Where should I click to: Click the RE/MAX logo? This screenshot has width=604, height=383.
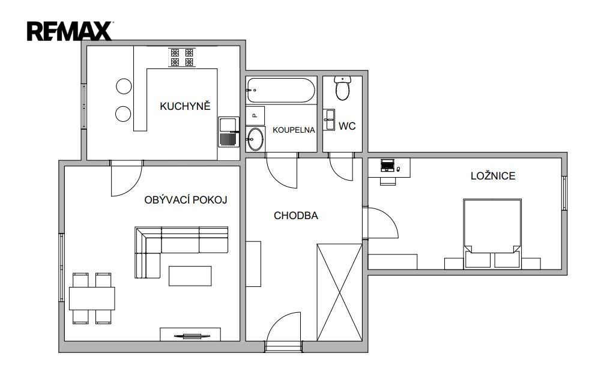click(70, 31)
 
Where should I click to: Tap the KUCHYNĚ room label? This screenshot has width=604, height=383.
click(186, 106)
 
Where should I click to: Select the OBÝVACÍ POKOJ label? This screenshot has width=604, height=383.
click(186, 200)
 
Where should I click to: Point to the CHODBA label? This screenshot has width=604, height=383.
click(296, 216)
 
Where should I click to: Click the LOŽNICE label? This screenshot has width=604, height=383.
click(493, 176)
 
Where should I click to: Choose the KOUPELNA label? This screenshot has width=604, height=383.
click(294, 130)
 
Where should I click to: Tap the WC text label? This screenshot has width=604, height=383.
click(347, 126)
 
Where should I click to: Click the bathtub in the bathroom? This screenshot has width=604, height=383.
click(281, 91)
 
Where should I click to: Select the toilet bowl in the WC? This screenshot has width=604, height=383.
click(342, 88)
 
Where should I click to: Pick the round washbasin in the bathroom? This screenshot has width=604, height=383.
click(255, 139)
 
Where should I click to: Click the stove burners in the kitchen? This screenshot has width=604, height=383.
click(182, 58)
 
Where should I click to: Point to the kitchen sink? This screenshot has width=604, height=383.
click(229, 132)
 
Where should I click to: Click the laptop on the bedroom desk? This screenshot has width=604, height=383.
click(387, 165)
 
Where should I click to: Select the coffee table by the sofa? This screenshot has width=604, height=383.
click(190, 276)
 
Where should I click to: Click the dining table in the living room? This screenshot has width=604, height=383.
click(92, 298)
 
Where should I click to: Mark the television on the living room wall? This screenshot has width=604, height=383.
click(192, 336)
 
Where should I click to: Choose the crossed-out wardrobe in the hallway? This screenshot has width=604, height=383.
click(339, 292)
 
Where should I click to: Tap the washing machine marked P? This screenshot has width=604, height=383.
click(255, 116)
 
